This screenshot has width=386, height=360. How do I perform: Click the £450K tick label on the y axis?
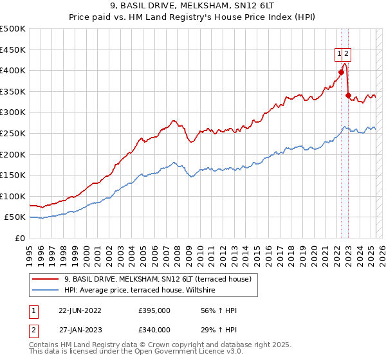13,50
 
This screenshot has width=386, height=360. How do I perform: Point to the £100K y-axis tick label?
13,196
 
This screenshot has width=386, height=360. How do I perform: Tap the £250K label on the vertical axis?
13,133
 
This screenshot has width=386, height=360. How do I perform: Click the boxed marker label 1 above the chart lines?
338,54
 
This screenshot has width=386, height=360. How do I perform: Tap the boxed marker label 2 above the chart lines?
347,54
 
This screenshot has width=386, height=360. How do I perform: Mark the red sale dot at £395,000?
342,73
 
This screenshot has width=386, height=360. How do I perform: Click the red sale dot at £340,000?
348,96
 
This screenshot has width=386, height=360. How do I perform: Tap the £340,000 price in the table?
154,330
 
